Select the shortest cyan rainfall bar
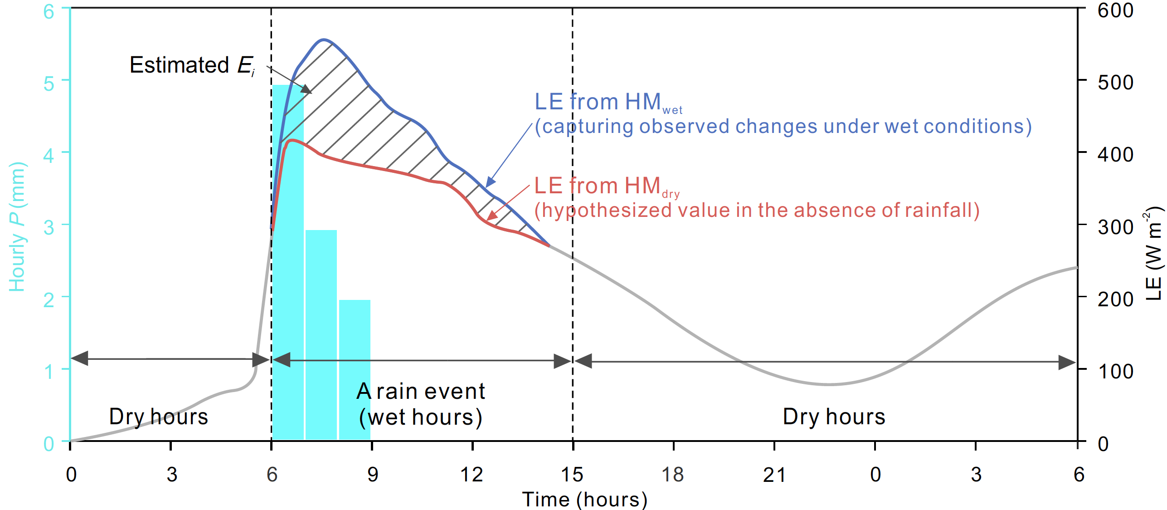355,370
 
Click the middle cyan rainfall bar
321,336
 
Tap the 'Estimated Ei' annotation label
192,65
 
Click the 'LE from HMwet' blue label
608,102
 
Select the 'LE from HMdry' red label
606,186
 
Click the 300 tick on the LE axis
1115,227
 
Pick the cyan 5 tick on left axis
49,83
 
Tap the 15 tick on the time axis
572,475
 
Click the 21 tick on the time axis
774,475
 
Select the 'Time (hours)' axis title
584,500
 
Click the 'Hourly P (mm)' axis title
17,227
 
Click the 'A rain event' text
420,391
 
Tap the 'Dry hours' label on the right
834,417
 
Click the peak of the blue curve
324,40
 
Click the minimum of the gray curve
829,384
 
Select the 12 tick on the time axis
472,475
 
